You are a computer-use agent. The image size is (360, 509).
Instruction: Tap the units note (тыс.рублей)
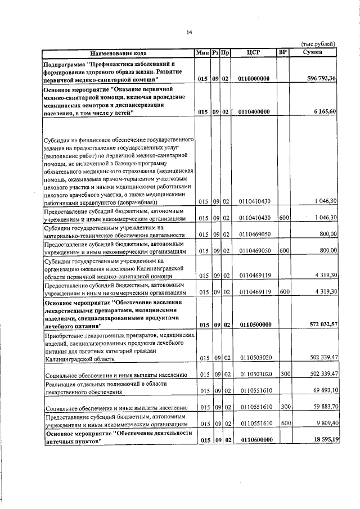coord(318,43)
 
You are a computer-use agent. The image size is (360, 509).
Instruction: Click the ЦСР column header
coord(254,53)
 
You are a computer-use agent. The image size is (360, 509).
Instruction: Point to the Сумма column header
coord(312,53)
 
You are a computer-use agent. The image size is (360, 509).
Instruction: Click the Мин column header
coord(202,53)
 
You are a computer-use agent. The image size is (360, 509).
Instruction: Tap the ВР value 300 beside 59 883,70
coord(283,407)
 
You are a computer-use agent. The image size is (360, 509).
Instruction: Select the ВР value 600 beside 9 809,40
coord(283,424)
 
